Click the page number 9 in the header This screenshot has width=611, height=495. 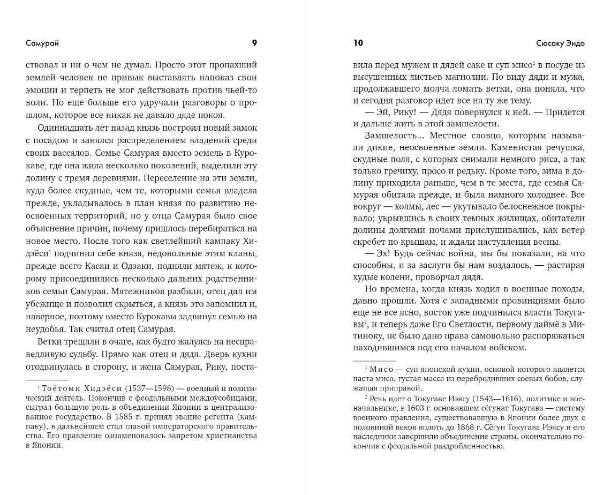tap(254, 43)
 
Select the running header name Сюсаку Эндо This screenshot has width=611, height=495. tap(560, 43)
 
